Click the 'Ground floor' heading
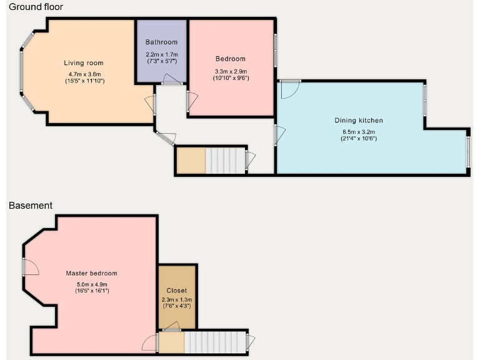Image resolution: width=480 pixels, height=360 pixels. click(x=36, y=6)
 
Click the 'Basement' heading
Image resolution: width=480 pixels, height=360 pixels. click(x=30, y=205)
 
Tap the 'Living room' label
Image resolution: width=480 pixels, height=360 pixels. click(x=83, y=63)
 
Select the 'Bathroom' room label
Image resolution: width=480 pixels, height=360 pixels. click(x=162, y=42)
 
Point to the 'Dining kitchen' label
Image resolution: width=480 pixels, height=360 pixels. click(x=362, y=121)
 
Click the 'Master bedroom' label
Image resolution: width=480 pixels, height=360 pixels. click(x=92, y=273)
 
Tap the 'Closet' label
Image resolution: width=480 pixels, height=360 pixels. click(x=177, y=291)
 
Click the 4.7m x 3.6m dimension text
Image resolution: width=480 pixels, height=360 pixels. click(x=83, y=74)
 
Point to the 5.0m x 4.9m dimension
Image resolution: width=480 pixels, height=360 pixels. click(x=92, y=284)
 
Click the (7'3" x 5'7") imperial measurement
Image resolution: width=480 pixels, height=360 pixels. click(x=162, y=61)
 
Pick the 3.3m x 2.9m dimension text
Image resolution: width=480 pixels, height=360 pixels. click(x=231, y=72)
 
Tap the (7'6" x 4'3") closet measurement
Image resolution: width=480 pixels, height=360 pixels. click(x=177, y=306)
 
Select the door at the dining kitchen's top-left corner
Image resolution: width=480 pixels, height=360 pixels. click(x=288, y=89)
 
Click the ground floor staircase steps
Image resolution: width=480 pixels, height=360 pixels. click(x=225, y=160)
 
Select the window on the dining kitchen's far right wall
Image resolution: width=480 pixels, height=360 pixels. click(x=468, y=150)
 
